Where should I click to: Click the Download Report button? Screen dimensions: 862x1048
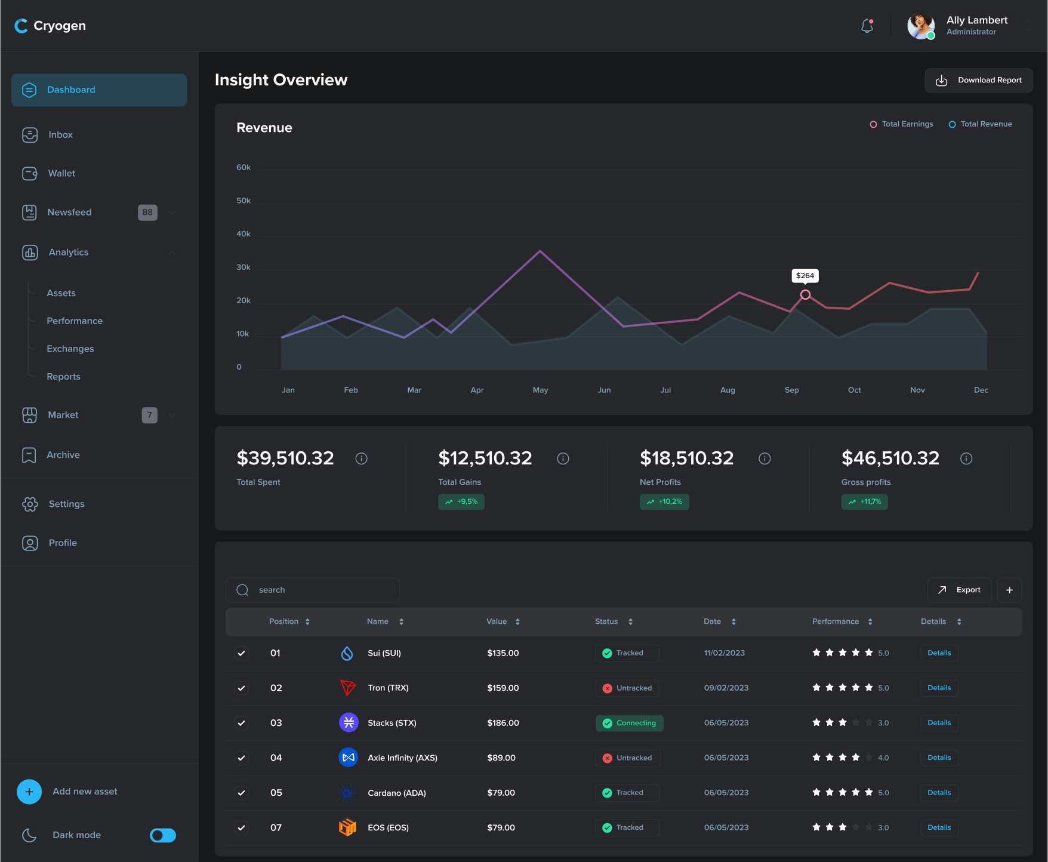(x=978, y=80)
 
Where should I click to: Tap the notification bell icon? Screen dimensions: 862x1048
(x=867, y=26)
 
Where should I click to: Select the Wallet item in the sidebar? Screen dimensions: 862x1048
(x=61, y=173)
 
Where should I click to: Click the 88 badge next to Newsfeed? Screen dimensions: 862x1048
(x=147, y=212)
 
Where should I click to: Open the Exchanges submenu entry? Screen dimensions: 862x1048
(x=70, y=349)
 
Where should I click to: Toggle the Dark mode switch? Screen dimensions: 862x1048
(x=162, y=835)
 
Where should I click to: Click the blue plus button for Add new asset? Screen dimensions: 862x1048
(x=29, y=792)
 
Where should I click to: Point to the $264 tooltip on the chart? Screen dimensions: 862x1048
(x=805, y=276)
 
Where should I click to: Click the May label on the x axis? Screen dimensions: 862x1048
(x=540, y=390)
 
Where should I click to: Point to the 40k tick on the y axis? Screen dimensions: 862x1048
(x=243, y=234)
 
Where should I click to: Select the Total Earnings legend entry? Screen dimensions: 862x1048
(x=902, y=124)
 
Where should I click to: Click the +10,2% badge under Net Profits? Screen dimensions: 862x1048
(x=664, y=501)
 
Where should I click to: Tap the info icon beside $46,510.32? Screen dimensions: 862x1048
(x=966, y=458)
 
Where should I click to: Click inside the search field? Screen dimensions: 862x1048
(x=322, y=590)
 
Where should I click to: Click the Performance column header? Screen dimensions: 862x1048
(x=836, y=621)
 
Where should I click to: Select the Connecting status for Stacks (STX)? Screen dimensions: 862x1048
(x=630, y=723)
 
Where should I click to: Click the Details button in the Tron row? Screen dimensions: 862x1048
(x=939, y=688)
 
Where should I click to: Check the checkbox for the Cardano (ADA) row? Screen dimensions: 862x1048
(x=241, y=793)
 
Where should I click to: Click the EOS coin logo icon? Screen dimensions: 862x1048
(x=347, y=827)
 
